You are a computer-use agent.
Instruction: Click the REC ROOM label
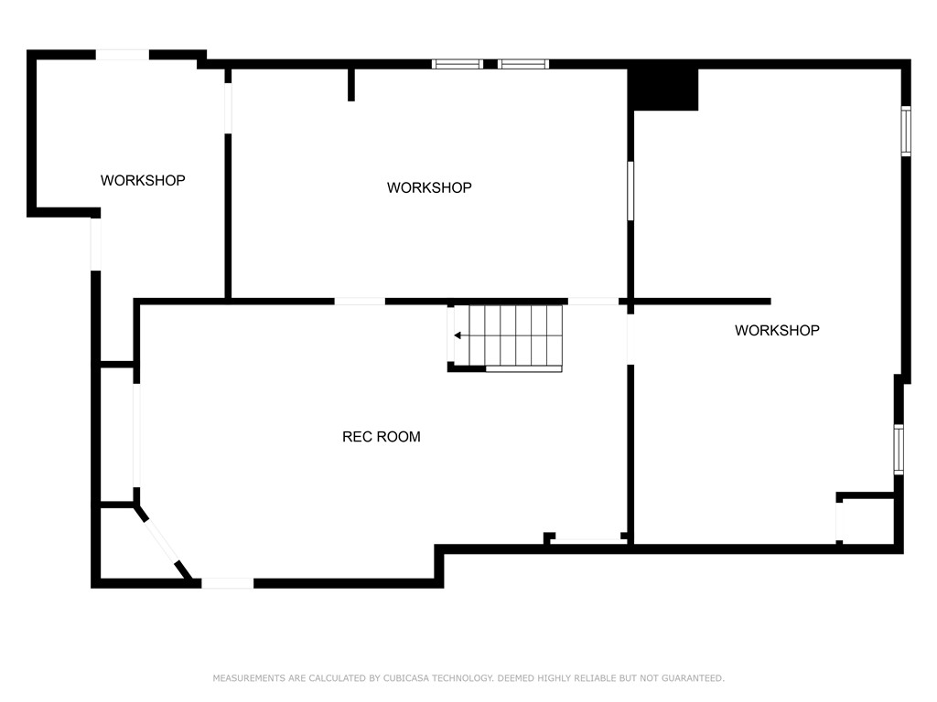pyautogui.click(x=381, y=437)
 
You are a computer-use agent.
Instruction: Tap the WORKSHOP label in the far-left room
pyautogui.click(x=143, y=181)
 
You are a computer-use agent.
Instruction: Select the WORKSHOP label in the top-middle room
pyautogui.click(x=429, y=187)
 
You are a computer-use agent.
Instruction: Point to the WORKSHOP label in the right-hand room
pyautogui.click(x=777, y=330)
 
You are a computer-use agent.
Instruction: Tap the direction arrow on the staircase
pyautogui.click(x=458, y=335)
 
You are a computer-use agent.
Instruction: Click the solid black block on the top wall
pyautogui.click(x=663, y=89)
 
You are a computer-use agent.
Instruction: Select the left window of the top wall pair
pyautogui.click(x=457, y=64)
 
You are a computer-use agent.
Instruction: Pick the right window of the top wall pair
pyautogui.click(x=523, y=64)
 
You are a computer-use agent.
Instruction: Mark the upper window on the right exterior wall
pyautogui.click(x=906, y=131)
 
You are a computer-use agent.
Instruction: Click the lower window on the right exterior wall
pyautogui.click(x=899, y=449)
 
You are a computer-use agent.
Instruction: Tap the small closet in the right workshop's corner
pyautogui.click(x=866, y=521)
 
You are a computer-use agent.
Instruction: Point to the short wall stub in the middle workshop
pyautogui.click(x=351, y=84)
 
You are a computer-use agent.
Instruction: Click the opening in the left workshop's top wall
pyautogui.click(x=123, y=55)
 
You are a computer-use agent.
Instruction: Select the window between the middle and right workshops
pyautogui.click(x=630, y=190)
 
